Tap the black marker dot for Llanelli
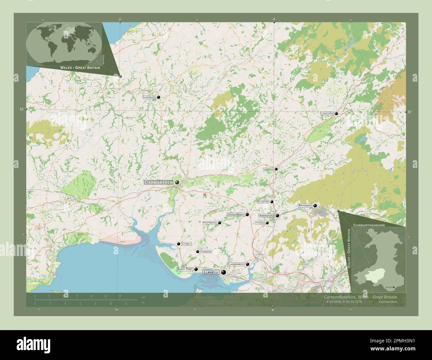coord(223,272)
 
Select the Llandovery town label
coord(327,114)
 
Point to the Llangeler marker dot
coord(159,97)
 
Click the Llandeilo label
coord(268,169)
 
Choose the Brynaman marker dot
coord(315,206)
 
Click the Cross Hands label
coord(236,215)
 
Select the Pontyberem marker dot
coord(219,223)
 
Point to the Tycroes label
coord(260,223)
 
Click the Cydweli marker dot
coord(179,244)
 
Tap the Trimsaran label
coord(206,252)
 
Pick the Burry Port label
coord(185,269)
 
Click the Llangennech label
coord(236,264)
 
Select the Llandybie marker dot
coord(271,202)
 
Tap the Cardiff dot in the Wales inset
coord(394,287)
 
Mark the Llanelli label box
coord(211,272)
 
